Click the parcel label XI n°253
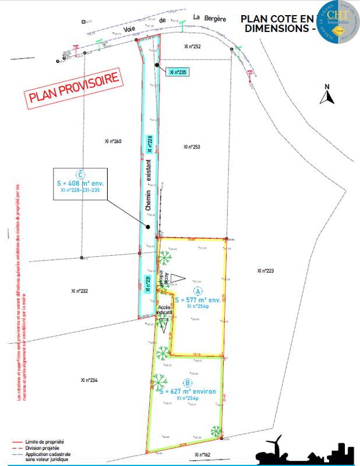point(192,147)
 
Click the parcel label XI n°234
point(89,380)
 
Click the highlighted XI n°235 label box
point(178,72)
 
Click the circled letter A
point(197,291)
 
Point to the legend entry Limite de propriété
point(44,442)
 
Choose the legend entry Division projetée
point(43,448)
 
